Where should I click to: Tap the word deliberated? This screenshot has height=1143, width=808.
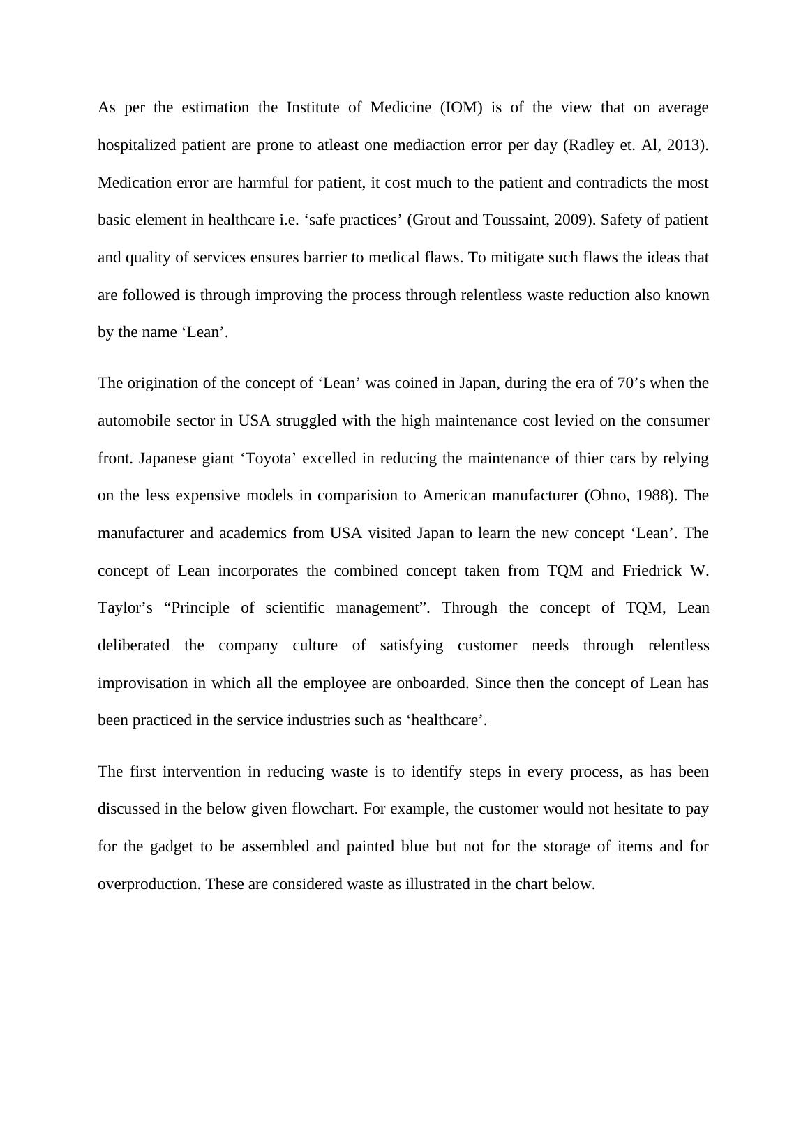pos(133,645)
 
